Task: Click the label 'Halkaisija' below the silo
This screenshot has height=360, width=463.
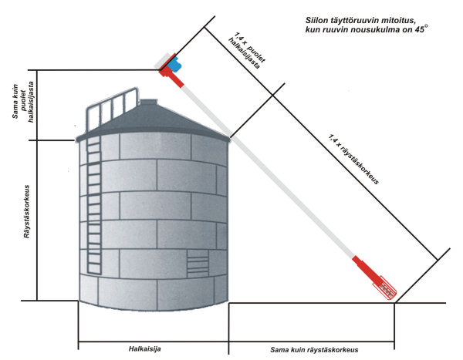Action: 144,348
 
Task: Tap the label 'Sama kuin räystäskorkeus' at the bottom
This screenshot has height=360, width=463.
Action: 315,348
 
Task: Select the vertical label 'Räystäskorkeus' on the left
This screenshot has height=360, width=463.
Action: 27,212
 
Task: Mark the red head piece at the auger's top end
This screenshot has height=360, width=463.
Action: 166,71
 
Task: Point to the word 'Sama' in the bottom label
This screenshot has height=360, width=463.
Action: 282,348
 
